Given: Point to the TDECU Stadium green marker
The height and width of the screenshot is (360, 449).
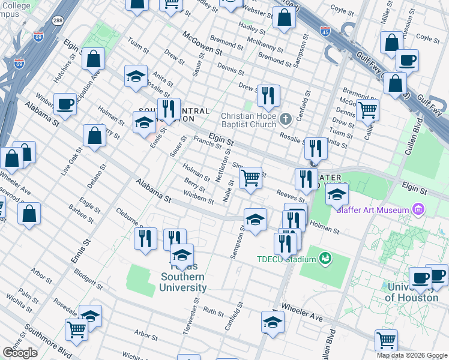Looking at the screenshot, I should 325,259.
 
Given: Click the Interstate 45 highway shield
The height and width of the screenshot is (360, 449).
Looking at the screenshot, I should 325,30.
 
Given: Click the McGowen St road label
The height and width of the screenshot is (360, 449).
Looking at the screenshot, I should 202,44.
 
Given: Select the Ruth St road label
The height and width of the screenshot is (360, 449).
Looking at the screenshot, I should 213,312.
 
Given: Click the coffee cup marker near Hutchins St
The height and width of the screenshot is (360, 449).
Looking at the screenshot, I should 65,104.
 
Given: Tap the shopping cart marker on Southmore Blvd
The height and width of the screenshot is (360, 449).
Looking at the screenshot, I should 76,329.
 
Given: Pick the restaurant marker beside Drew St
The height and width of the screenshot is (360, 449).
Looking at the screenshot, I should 268,95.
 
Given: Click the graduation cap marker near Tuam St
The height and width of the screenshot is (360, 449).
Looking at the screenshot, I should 136,76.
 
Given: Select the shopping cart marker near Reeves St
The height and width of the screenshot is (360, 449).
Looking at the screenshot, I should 250,177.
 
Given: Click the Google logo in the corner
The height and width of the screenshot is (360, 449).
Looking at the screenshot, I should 20,352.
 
